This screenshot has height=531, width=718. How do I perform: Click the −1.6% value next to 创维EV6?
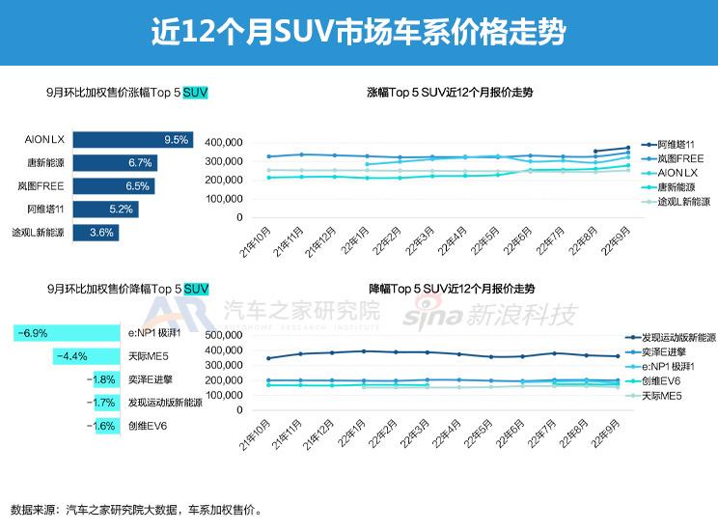(x=100, y=426)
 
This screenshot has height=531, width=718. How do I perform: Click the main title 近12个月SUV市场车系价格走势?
(x=358, y=33)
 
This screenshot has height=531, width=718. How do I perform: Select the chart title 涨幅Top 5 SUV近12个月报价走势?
(x=451, y=94)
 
